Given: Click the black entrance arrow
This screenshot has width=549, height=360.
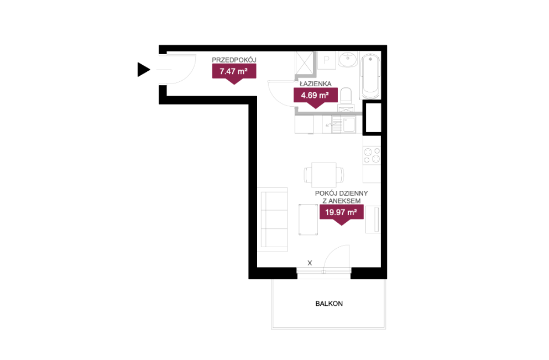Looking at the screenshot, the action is point(143,69).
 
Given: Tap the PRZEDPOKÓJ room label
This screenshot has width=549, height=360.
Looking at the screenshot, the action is point(234,60).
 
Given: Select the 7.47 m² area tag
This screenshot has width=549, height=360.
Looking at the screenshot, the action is point(234,72).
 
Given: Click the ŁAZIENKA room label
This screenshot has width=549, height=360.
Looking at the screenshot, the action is point(316,84).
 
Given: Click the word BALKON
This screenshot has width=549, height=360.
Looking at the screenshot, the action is point(329,304).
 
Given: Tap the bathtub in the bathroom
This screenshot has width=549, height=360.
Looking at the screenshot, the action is point(370,76).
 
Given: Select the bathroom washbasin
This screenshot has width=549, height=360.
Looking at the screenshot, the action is point(348,59).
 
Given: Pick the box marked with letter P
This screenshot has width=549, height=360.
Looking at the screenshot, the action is point(327,60).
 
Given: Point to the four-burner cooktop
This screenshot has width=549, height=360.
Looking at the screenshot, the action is point(372,155).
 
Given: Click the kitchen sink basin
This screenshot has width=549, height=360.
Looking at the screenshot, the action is point(349,124).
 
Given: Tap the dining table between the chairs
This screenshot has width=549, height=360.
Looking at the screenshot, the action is point(324,175).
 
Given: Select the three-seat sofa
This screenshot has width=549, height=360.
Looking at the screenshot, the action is point(273,220).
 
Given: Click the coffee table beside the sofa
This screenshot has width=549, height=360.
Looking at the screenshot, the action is point(308,220).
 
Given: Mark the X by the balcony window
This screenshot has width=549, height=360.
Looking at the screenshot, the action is point(310,263).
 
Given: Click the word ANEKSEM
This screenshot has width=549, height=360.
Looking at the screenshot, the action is point(344,201).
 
